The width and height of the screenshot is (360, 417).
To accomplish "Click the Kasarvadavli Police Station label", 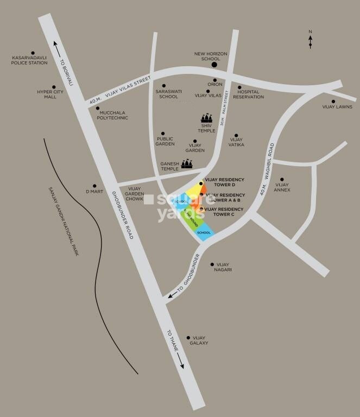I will (x=29, y=60).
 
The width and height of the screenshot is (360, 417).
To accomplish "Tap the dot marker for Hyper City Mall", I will (x=54, y=86).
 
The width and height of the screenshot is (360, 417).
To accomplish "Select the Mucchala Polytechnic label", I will (x=113, y=115).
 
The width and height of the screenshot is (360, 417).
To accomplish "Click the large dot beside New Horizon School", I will (x=214, y=65).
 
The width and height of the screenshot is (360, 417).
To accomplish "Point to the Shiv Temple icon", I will (x=206, y=118).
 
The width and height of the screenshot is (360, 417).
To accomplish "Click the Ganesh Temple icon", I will (x=186, y=163).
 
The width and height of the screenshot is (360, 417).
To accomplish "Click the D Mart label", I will (x=94, y=192).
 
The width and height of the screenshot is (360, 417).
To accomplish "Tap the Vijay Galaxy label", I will (x=199, y=340).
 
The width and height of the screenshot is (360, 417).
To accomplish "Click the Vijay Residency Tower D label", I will (x=224, y=181).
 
